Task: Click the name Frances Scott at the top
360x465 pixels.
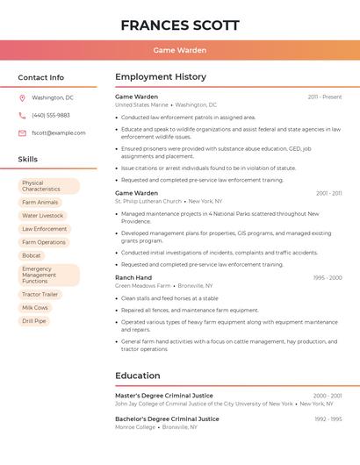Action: [x=179, y=25]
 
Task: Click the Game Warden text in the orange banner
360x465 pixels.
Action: [x=179, y=50]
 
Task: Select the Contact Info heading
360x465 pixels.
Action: [x=40, y=77]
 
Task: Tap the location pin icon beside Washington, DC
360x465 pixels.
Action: [x=22, y=98]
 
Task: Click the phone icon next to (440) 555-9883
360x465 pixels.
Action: [x=22, y=116]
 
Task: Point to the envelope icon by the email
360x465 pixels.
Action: [x=22, y=133]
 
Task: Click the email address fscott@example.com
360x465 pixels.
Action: [x=58, y=133]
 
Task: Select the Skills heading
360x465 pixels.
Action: [x=28, y=160]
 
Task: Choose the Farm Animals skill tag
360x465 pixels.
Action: [x=40, y=203]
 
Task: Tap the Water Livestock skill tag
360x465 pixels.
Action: [x=42, y=216]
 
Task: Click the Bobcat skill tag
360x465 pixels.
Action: [x=32, y=255]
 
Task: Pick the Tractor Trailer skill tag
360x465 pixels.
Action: [x=40, y=295]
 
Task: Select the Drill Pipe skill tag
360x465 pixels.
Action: [x=34, y=321]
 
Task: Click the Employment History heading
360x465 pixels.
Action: [x=161, y=77]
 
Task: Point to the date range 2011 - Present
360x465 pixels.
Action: [x=325, y=97]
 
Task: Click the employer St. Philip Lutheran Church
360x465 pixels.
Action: [x=148, y=201]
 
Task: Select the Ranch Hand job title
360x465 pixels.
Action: [x=133, y=277]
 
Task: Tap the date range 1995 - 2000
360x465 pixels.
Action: [x=328, y=278]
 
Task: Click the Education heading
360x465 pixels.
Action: [x=138, y=376]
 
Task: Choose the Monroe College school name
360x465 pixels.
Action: [x=135, y=426]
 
